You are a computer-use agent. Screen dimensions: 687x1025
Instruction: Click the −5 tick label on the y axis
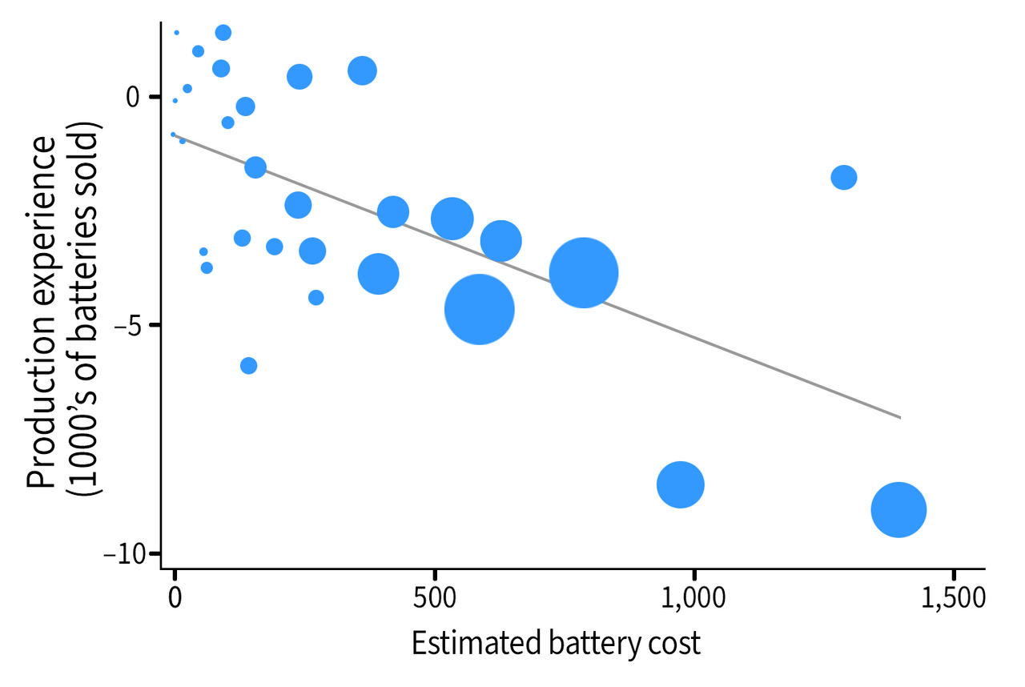(127, 325)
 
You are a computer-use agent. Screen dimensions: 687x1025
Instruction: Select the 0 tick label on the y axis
(132, 97)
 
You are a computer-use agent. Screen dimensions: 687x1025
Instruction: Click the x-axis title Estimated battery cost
(556, 643)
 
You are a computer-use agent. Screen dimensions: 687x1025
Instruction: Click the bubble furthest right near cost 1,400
(898, 510)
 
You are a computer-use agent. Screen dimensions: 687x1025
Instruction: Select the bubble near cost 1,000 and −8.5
(681, 484)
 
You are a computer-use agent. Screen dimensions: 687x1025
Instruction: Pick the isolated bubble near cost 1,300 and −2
(844, 177)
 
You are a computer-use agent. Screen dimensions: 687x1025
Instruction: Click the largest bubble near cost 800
(584, 273)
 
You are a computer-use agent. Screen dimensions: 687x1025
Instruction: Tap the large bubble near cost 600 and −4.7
(479, 309)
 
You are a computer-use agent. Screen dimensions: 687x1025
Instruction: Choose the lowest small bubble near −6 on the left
(248, 365)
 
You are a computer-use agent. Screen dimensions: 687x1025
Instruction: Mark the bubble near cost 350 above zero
(362, 70)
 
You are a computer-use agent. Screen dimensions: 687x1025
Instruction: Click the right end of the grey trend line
(900, 417)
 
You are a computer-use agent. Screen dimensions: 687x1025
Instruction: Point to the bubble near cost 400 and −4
(378, 274)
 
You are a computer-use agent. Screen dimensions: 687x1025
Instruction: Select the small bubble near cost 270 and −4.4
(316, 297)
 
